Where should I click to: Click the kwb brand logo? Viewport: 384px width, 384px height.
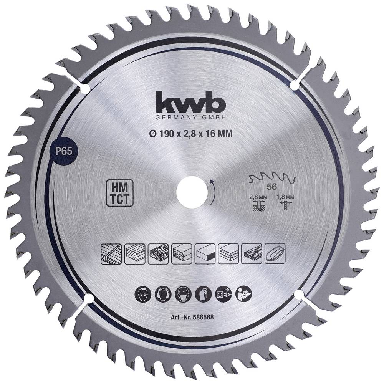pos(190,101)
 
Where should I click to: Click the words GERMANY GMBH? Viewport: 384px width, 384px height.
pos(190,118)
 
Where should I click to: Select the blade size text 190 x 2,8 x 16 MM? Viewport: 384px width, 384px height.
pos(191,134)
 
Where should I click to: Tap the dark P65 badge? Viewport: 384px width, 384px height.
pos(64,152)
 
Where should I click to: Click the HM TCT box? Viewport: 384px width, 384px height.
pos(120,193)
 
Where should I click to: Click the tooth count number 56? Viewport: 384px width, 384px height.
pos(272,187)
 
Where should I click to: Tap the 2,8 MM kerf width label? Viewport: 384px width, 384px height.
pos(258,197)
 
